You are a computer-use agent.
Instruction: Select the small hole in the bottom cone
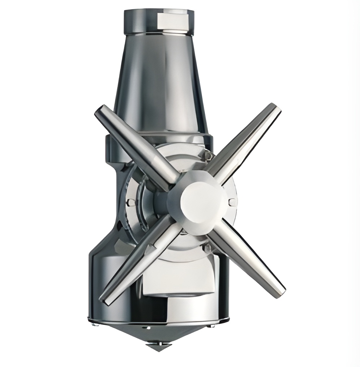[147, 328]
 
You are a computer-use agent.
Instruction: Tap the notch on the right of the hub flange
[232, 202]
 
